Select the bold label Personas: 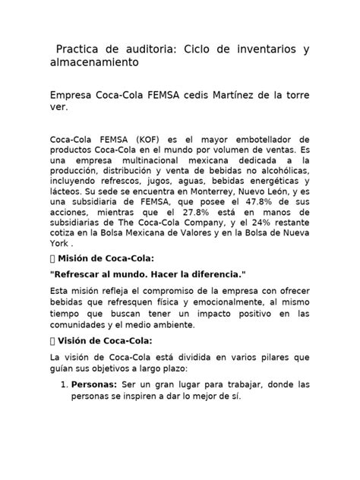[96, 385]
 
